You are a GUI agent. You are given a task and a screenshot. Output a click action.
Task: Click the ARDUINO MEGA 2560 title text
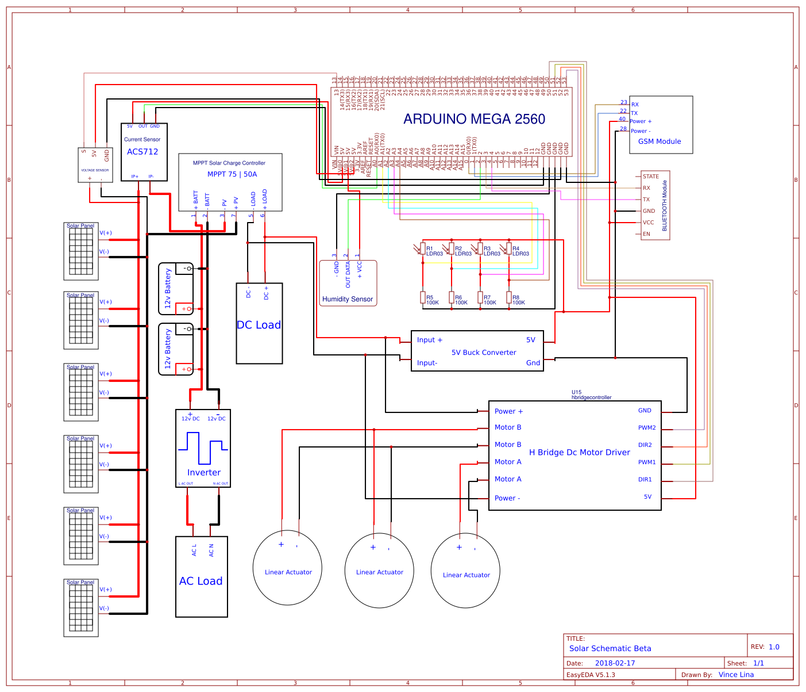tap(474, 119)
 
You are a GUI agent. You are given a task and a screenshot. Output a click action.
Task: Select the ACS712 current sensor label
tap(142, 152)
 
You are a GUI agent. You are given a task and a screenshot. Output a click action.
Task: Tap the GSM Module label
tap(660, 142)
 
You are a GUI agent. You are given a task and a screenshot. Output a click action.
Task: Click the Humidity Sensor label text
tap(348, 299)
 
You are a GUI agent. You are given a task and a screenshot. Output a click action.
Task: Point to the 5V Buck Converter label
tap(484, 353)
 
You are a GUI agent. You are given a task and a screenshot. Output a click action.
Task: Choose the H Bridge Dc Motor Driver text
tap(579, 453)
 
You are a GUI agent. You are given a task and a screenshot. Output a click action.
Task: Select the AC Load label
tap(200, 581)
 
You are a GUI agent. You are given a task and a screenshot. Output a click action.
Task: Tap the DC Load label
tap(259, 325)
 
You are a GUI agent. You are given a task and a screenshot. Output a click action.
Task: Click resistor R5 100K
tap(423, 297)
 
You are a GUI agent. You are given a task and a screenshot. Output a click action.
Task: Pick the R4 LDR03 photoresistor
tap(509, 248)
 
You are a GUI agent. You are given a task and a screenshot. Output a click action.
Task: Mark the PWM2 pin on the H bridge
tap(647, 428)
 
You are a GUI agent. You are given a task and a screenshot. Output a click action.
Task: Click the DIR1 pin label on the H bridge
tap(645, 480)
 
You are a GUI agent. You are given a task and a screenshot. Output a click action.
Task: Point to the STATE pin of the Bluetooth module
tap(651, 177)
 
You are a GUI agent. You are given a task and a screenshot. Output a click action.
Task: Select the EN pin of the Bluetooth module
tap(646, 234)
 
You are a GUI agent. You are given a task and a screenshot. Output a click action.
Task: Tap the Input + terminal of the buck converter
tap(430, 340)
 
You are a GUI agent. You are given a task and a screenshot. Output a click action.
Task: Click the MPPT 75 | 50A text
tap(232, 174)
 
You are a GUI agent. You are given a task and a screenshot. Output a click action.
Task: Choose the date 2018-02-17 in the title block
tap(615, 663)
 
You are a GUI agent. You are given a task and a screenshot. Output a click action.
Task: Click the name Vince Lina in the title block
tap(736, 675)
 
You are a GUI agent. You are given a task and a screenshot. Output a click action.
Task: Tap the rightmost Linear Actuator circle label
tap(466, 575)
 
